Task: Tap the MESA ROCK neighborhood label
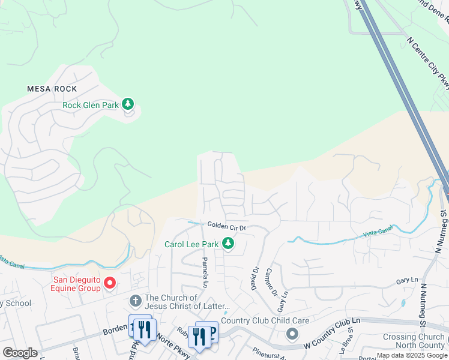[52, 89]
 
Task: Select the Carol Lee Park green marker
[228, 244]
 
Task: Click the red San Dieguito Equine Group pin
[110, 282]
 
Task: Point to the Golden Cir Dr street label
[227, 227]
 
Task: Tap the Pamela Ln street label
[205, 271]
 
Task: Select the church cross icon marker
[136, 300]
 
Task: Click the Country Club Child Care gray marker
[292, 333]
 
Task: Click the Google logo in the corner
[20, 353]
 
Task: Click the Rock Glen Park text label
[91, 105]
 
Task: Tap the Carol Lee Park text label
[191, 244]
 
